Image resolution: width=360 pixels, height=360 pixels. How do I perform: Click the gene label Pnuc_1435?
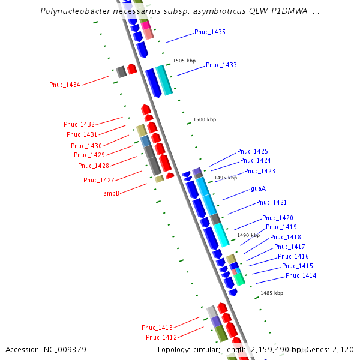coord(210,32)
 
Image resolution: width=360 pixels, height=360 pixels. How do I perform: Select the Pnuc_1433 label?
coord(221,65)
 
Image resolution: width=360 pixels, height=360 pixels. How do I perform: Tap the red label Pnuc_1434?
coord(64,85)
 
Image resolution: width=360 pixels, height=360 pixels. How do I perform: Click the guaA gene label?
coord(258,188)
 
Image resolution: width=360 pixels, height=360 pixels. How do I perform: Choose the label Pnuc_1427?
coord(98,180)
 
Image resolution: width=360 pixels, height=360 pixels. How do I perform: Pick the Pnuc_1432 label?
coord(79,124)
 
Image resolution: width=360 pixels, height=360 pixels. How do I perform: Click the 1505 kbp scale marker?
coord(184,61)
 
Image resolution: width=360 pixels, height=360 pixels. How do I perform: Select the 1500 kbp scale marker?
coord(204,120)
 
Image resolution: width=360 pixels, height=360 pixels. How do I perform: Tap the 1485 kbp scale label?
coord(271,293)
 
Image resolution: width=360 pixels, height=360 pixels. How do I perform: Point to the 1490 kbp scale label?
coord(248,236)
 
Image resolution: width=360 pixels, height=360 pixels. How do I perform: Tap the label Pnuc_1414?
coord(301,275)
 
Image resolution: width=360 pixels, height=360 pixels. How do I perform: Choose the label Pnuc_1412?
coord(161,337)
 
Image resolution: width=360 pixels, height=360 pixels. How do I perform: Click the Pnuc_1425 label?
coord(253,151)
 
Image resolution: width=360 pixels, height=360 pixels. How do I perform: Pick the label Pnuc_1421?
coord(271,202)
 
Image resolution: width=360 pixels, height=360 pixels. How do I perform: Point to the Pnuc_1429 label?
coord(89,155)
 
